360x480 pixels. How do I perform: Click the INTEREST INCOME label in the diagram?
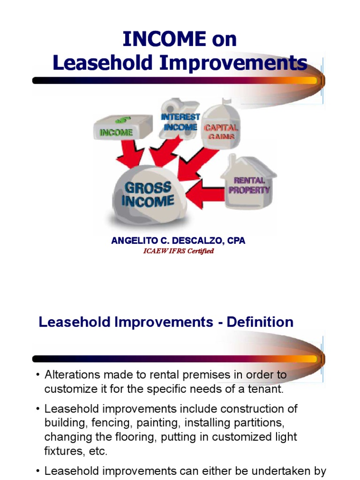[x=180, y=121]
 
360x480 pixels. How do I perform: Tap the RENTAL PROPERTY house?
[x=249, y=183]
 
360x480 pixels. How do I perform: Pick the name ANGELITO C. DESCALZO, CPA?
[x=178, y=241]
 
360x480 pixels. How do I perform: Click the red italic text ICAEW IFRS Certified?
[x=178, y=251]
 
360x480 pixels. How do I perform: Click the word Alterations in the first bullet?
[x=69, y=375]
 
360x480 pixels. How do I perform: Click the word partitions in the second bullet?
[x=259, y=423]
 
